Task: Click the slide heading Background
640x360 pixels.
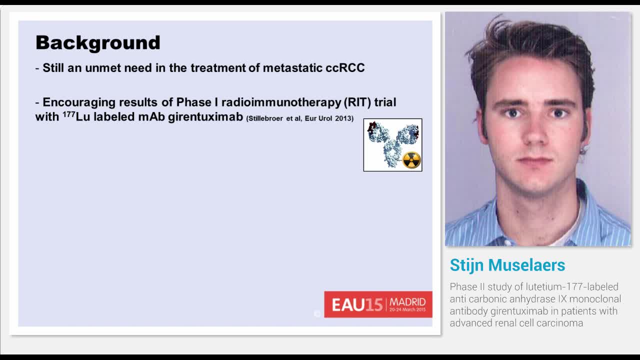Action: (98, 43)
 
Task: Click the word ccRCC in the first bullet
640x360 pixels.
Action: (345, 68)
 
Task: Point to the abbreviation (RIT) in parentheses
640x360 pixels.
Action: (357, 102)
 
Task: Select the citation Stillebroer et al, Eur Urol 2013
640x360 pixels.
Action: (300, 119)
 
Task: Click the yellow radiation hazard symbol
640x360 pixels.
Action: (411, 160)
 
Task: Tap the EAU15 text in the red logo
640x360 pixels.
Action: (357, 304)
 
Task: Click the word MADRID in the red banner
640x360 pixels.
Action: (407, 302)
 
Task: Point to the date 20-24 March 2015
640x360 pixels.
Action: (407, 310)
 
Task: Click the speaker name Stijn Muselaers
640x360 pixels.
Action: (507, 265)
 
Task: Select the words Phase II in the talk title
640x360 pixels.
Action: (466, 287)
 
